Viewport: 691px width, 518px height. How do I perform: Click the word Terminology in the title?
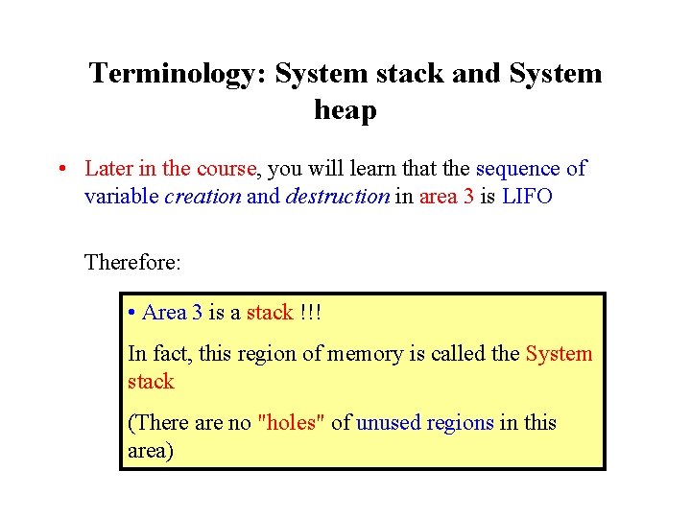[x=178, y=74]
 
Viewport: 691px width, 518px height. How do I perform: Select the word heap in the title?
[x=345, y=111]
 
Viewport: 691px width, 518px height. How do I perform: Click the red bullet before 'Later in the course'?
[x=60, y=169]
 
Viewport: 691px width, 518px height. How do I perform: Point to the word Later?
[x=108, y=169]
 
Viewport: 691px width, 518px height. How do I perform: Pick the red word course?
[x=226, y=169]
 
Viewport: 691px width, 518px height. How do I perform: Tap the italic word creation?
[x=203, y=197]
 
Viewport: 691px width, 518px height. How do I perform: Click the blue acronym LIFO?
[x=527, y=197]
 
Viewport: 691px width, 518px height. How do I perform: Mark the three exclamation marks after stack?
[x=310, y=313]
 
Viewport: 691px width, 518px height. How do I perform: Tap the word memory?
[x=365, y=353]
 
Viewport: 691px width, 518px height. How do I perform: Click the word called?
[x=451, y=353]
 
